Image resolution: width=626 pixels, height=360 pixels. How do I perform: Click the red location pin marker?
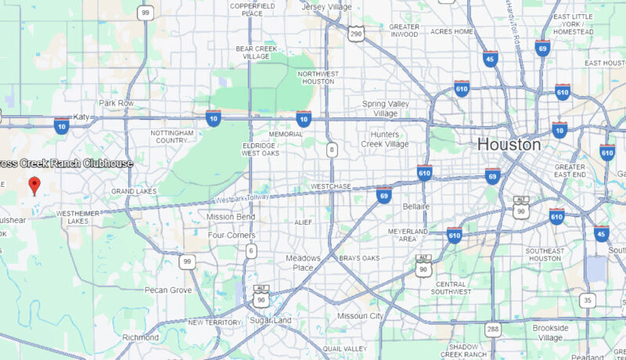click(x=34, y=185)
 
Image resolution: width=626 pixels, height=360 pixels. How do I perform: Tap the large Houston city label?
click(x=509, y=145)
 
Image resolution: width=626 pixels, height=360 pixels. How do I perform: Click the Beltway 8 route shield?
click(x=332, y=149)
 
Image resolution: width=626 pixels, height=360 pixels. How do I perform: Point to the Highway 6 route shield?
click(x=250, y=250)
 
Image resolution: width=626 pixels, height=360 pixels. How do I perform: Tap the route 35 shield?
click(x=588, y=300)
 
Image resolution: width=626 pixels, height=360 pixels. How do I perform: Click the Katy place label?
click(x=82, y=117)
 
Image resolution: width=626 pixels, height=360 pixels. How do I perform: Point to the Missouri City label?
click(x=360, y=315)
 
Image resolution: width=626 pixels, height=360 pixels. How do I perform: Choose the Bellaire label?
click(x=416, y=206)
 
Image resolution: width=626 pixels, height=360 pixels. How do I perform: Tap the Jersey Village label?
click(x=327, y=7)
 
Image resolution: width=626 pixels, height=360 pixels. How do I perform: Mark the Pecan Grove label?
click(x=167, y=290)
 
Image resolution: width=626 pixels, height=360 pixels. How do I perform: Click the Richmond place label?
click(x=141, y=337)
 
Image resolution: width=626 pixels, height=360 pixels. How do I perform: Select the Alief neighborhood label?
click(x=303, y=222)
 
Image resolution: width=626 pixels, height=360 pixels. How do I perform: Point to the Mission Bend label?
click(x=231, y=217)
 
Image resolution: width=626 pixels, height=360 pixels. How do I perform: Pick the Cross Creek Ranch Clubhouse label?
click(x=66, y=164)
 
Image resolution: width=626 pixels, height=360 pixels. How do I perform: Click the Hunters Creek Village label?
click(x=384, y=139)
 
